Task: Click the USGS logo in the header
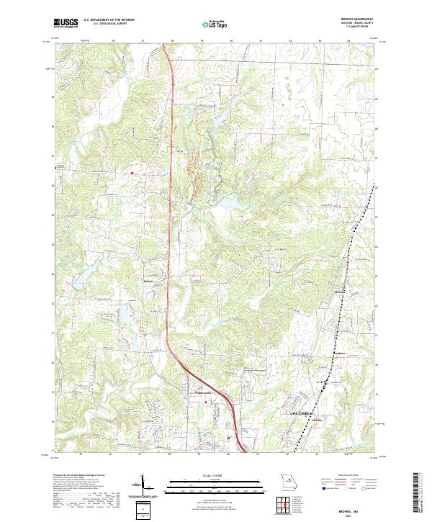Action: click(x=66, y=23)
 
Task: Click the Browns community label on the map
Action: click(x=341, y=291)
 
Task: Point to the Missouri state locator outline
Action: click(x=286, y=480)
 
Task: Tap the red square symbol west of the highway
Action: click(x=132, y=173)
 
